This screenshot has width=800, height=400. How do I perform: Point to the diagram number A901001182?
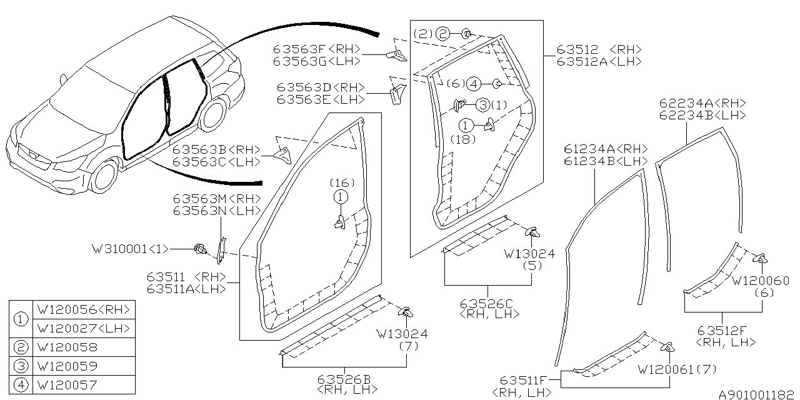pos(756,395)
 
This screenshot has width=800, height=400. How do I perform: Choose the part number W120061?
pos(665,370)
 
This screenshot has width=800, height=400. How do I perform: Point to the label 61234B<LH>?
pos(605,161)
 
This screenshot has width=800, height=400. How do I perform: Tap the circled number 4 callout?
pos(473,83)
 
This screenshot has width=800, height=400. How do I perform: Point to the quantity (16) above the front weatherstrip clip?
pos(342,183)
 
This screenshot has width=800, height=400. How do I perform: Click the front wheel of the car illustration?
pos(104,176)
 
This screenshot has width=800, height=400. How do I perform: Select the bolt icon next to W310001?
pos(201,249)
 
